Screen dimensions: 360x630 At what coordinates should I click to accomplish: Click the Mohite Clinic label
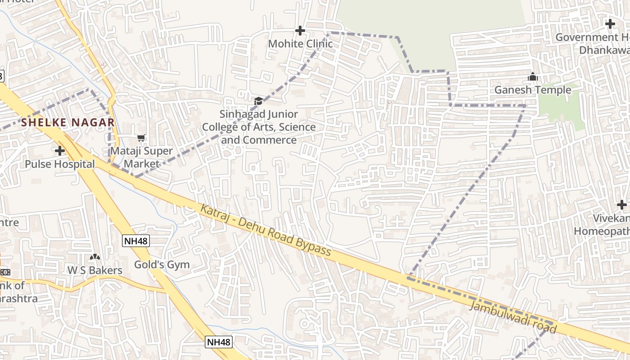coord(300,44)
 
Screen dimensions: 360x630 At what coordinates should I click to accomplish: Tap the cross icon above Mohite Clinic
coord(300,31)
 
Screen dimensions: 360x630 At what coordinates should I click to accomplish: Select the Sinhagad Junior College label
coord(259,127)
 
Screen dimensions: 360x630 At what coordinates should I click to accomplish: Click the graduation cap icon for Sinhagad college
coord(258,101)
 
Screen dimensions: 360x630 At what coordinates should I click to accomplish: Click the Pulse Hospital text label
coord(60,164)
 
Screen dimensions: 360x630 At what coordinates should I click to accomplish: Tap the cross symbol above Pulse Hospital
coord(59,151)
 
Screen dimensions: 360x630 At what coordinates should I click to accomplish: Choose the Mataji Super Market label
coord(142,157)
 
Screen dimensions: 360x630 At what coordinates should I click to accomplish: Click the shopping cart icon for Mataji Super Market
coord(141,138)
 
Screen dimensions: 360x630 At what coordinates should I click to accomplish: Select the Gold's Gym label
coord(162,265)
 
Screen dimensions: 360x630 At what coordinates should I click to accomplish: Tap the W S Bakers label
coord(95,270)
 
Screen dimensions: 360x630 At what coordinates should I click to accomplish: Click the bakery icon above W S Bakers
coord(94,257)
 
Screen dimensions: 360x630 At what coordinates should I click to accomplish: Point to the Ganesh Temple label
coord(533,90)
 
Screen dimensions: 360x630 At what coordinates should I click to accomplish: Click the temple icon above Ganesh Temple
coord(533,77)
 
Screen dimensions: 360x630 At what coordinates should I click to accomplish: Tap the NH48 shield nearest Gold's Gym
coord(136,241)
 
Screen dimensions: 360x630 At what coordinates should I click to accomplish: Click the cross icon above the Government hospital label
coord(610,24)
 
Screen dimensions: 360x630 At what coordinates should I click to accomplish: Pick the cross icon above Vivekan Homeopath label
coord(622,205)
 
